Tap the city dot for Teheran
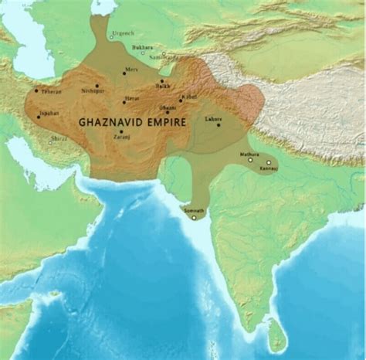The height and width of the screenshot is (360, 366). (x=36, y=90)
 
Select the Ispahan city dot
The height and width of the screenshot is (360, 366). (x=37, y=116)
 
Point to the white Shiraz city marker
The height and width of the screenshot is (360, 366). (x=50, y=142)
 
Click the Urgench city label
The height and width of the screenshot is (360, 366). (x=123, y=34)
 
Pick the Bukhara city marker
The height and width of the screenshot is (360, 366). (x=141, y=53)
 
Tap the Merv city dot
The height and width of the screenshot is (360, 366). (x=124, y=73)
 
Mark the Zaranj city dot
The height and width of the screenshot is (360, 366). (x=120, y=131)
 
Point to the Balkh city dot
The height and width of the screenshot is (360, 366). (x=161, y=80)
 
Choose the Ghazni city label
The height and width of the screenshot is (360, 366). (x=168, y=107)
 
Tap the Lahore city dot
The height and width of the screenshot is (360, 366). (x=219, y=125)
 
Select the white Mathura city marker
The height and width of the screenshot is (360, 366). (x=249, y=160)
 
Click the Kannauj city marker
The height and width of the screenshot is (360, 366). (x=269, y=163)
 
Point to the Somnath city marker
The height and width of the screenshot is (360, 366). (x=194, y=216)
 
